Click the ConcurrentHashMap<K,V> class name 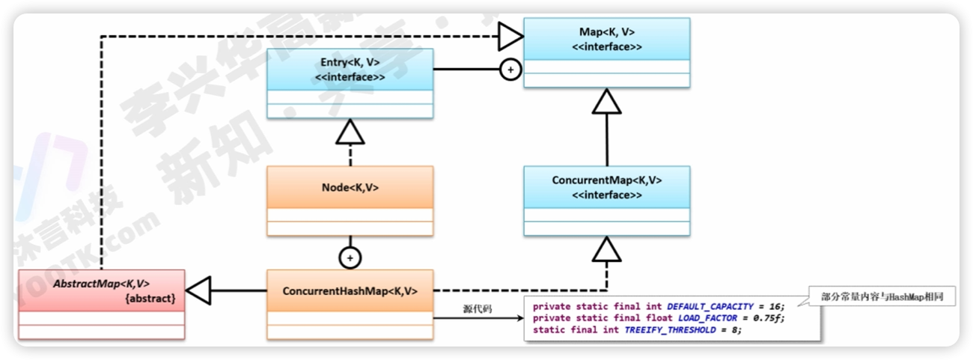pyautogui.click(x=350, y=290)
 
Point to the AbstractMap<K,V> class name pyautogui.click(x=101, y=284)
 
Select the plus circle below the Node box pyautogui.click(x=350, y=257)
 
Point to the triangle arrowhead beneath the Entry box pyautogui.click(x=350, y=133)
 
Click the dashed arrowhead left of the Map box pyautogui.click(x=510, y=34)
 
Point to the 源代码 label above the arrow pyautogui.click(x=478, y=308)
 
